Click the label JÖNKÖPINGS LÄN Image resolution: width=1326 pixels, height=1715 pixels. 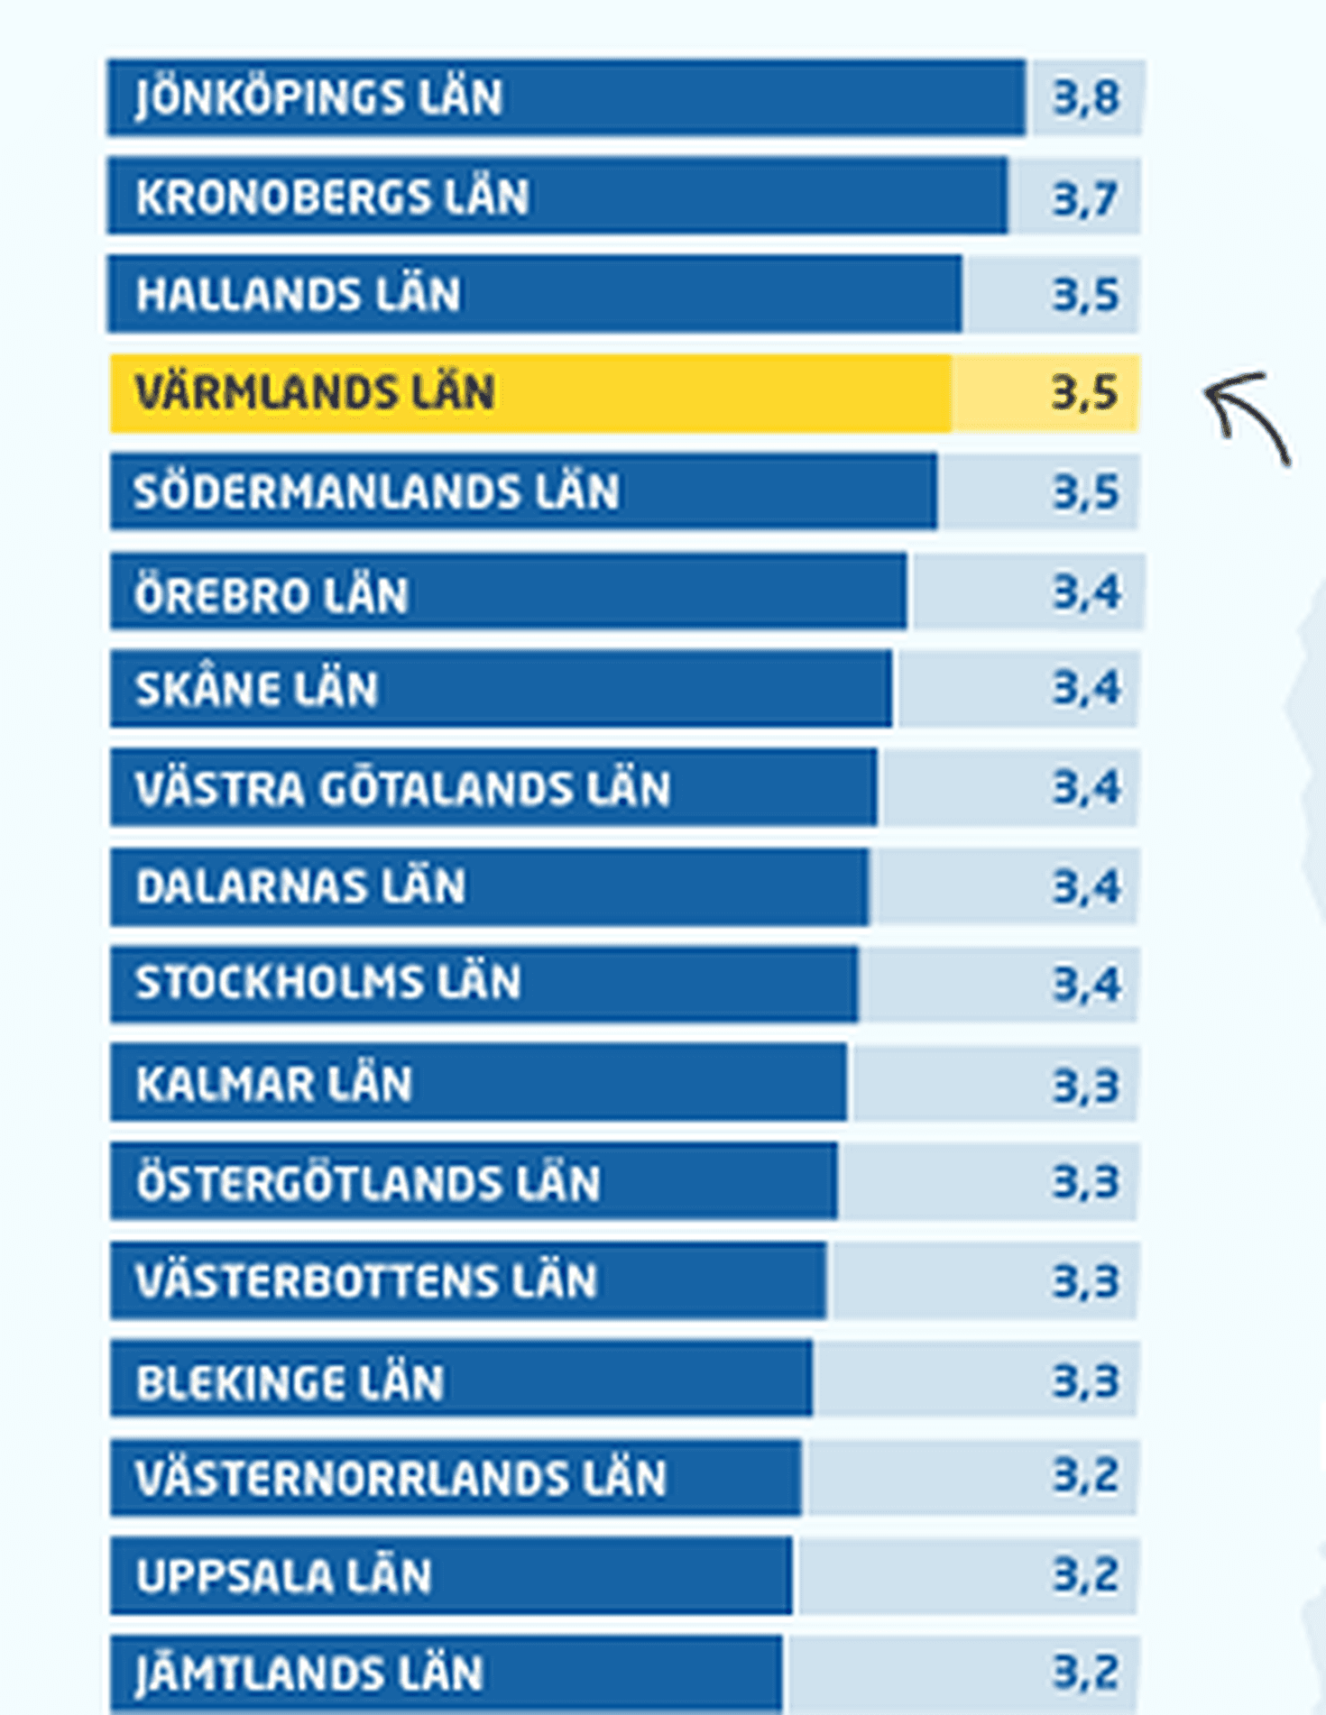coord(318,97)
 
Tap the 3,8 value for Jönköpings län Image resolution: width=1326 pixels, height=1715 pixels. coord(1086,97)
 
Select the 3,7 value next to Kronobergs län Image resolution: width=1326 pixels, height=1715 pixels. coord(1085,197)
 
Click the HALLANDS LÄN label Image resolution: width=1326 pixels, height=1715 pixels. coord(299,295)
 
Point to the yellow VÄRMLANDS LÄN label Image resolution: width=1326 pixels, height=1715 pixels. coord(315,393)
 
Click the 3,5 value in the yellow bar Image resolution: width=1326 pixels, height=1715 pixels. coord(1084,393)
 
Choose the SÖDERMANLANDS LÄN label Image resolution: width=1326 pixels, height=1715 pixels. coord(376,492)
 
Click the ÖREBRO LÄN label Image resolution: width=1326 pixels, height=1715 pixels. coord(272,595)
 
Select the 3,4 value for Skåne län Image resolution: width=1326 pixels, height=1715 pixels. coord(1086,688)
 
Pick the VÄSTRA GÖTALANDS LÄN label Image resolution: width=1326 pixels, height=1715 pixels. coord(402,788)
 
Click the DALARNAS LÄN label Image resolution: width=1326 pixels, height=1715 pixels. coord(300,886)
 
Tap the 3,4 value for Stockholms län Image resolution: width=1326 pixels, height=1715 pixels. coord(1086,984)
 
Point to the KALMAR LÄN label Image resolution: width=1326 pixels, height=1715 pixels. coord(274,1083)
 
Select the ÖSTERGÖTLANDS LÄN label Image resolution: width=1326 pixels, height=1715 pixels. coord(368,1182)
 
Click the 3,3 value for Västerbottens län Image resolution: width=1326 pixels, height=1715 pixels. coord(1085,1280)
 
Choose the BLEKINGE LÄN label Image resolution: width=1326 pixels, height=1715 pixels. coord(290,1380)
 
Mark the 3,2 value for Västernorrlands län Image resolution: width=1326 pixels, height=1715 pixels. coord(1085,1477)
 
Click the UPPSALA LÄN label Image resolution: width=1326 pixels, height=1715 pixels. coord(284,1576)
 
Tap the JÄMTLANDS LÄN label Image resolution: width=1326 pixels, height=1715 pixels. coord(309,1674)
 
